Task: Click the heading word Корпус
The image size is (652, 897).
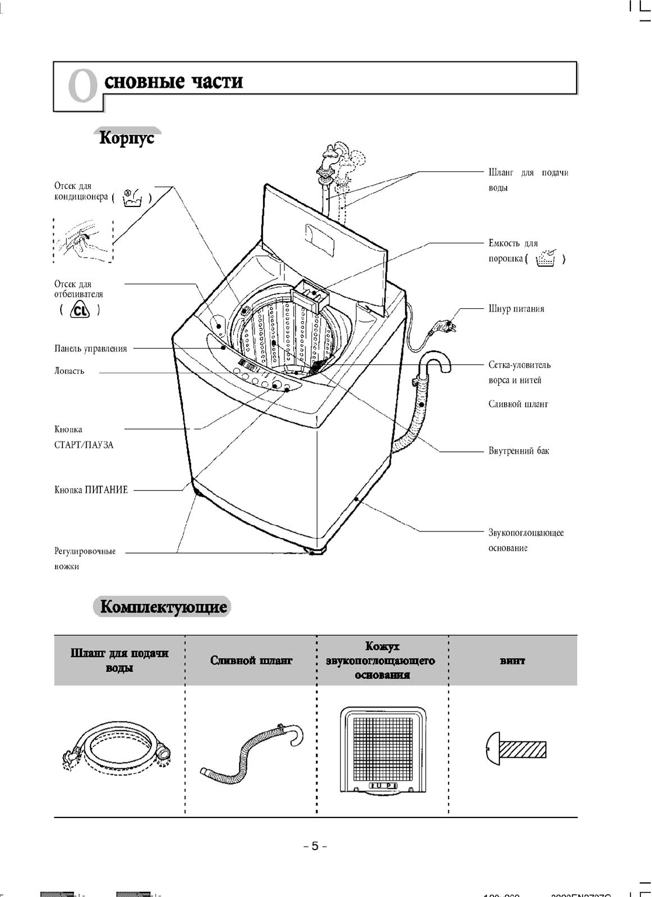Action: coord(127,138)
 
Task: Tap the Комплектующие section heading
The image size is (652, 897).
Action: coord(163,606)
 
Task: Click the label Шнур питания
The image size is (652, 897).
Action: coord(516,309)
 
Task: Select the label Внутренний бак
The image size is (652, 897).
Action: coord(518,451)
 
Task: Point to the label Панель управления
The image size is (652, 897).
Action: coord(91,349)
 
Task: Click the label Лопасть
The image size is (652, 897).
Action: coord(70,371)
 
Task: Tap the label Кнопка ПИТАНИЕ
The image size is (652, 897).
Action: coord(91,490)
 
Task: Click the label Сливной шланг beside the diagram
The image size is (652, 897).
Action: coord(518,404)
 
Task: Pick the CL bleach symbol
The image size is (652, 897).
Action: coord(80,309)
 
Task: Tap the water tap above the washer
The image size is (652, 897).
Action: coord(328,160)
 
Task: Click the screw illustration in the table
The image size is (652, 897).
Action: coord(516,748)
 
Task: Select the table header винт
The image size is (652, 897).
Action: coord(512,661)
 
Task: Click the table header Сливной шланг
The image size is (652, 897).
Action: coord(251,661)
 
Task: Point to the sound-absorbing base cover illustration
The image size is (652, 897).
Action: coord(383,750)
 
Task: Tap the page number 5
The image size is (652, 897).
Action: coord(315,846)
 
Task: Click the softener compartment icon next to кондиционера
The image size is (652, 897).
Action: coord(132,198)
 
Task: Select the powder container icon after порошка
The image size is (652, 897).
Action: coord(546,258)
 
